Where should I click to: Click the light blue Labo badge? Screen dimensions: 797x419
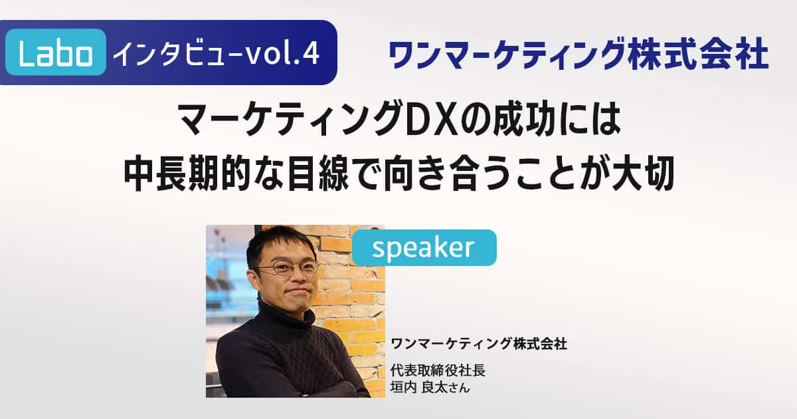click(56, 52)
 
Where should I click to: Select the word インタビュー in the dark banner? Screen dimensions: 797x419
click(178, 53)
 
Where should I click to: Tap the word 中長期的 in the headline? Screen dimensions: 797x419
click(186, 174)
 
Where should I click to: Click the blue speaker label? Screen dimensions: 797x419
click(424, 247)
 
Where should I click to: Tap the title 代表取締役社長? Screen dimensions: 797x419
click(438, 370)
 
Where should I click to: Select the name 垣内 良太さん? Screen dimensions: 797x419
click(430, 387)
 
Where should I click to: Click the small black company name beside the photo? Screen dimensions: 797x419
click(479, 344)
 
